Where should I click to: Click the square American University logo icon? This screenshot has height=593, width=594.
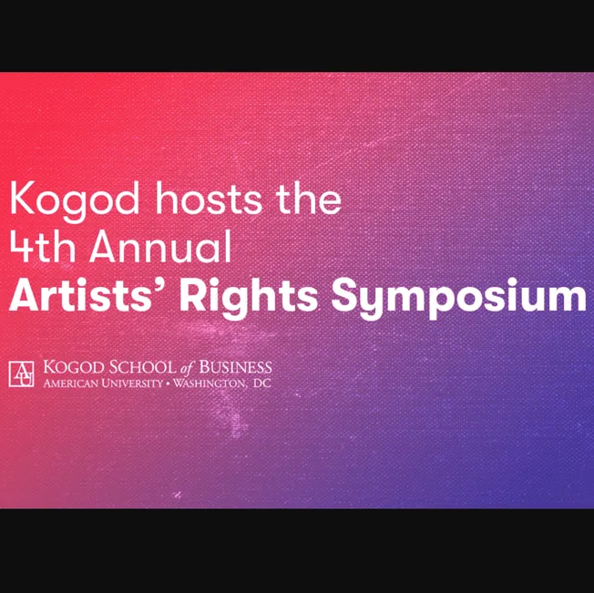pyautogui.click(x=22, y=373)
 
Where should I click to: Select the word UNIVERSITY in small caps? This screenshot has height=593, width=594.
pyautogui.click(x=128, y=383)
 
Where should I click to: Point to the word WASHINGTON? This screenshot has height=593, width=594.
pyautogui.click(x=209, y=383)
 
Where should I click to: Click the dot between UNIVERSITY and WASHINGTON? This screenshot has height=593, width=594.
pyautogui.click(x=167, y=383)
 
